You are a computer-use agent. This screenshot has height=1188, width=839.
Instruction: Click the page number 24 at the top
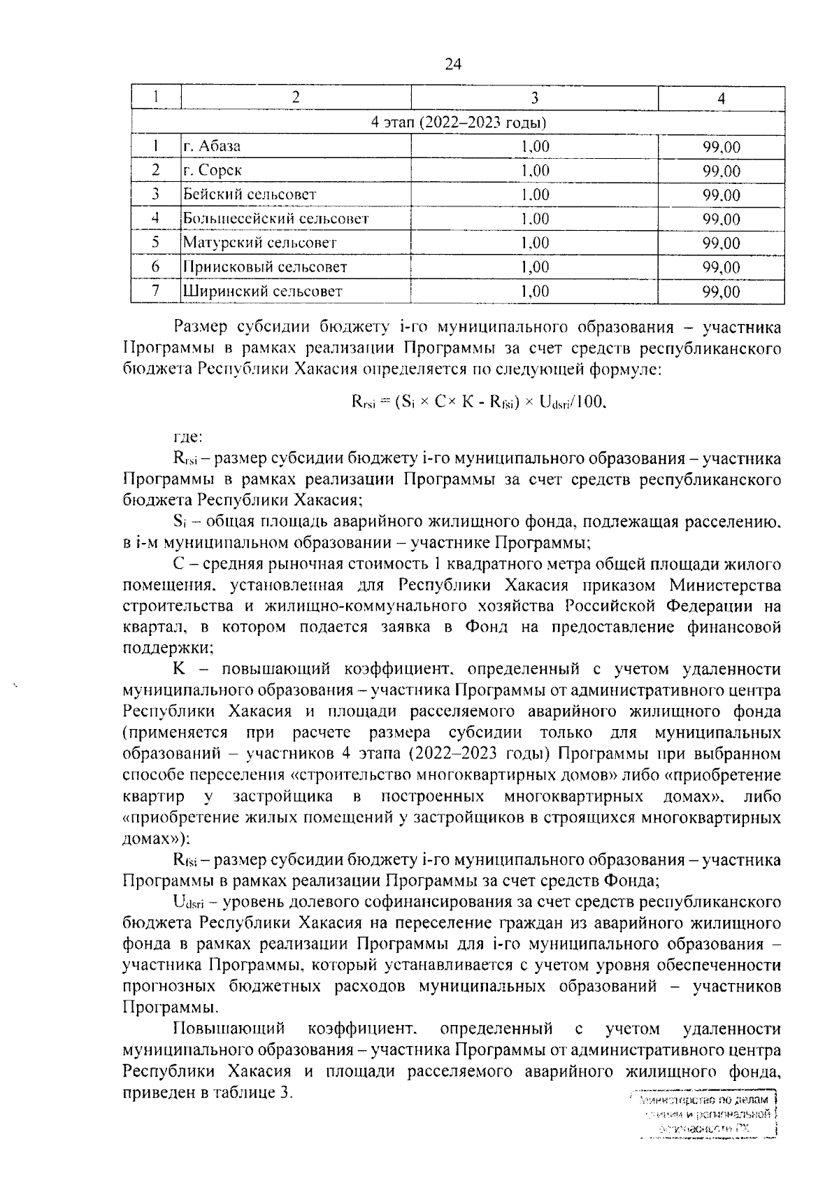452,64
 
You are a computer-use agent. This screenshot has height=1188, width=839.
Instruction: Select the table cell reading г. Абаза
212,147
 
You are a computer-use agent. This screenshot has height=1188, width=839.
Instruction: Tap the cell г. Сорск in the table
213,171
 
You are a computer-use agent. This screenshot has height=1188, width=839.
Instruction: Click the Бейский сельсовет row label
250,195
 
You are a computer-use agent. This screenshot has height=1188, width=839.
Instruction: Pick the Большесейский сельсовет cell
275,219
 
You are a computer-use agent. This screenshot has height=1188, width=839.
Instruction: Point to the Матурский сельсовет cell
259,243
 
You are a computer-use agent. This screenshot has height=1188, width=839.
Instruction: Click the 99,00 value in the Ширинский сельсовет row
721,292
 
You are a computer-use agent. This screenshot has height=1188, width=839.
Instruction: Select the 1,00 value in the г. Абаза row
535,147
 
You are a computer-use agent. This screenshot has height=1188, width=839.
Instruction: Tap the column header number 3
535,98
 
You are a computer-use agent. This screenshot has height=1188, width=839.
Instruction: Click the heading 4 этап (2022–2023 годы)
458,123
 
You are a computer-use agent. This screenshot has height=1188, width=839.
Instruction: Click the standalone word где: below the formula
187,437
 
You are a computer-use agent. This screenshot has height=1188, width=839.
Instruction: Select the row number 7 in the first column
156,291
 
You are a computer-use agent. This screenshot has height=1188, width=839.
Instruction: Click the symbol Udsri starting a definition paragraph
188,902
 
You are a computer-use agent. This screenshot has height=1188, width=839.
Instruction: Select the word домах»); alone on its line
155,838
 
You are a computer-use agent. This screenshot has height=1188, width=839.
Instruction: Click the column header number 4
721,99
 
